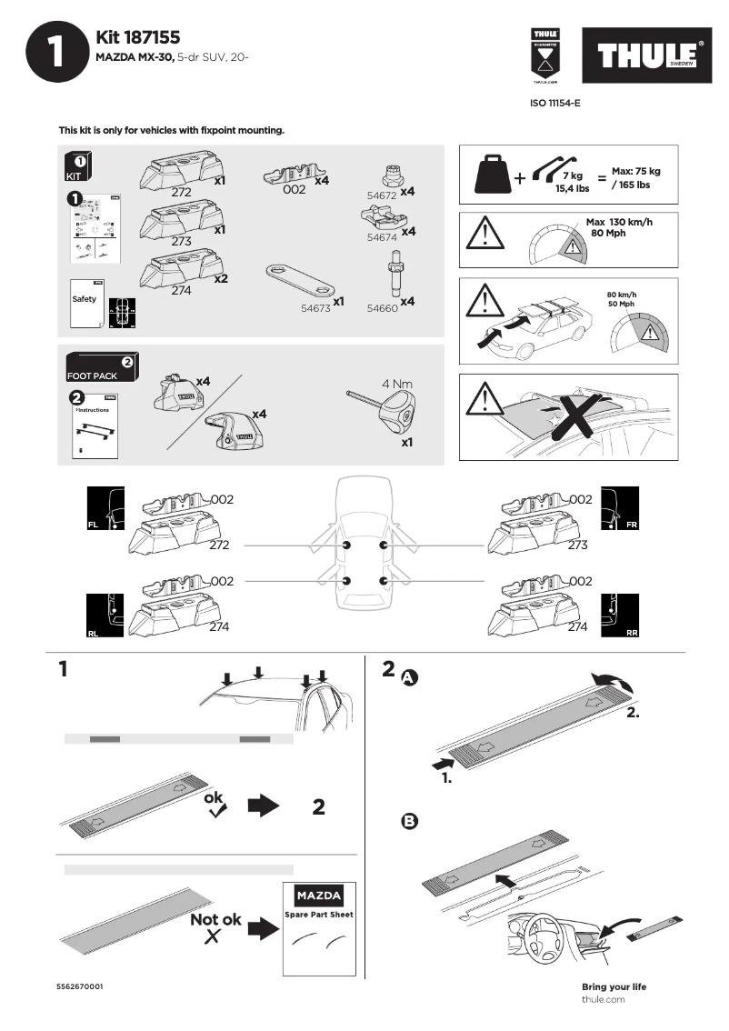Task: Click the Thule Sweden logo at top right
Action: coord(647,56)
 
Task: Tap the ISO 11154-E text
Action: coord(554,104)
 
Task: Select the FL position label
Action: coord(93,526)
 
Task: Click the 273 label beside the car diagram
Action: coord(577,546)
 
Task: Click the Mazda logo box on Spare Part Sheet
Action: coord(320,896)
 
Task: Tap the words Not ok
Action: coord(215,920)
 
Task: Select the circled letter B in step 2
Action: coord(409,821)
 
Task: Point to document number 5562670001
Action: coord(80,986)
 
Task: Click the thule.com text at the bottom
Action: coord(603,999)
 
